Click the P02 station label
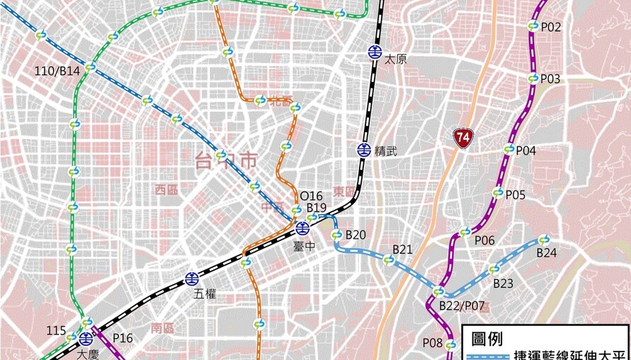(x=550, y=28)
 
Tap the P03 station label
(x=550, y=79)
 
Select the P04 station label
(x=525, y=150)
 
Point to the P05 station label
(x=515, y=195)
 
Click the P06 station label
(x=484, y=240)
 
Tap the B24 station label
(x=546, y=252)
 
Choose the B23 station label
(x=503, y=283)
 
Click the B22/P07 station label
(x=461, y=305)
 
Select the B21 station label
(x=402, y=249)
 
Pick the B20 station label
(x=356, y=235)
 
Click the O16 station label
(x=311, y=196)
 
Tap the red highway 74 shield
(x=463, y=137)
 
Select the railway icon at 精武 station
(x=364, y=150)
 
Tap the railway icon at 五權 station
(x=192, y=279)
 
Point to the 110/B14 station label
(x=58, y=71)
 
